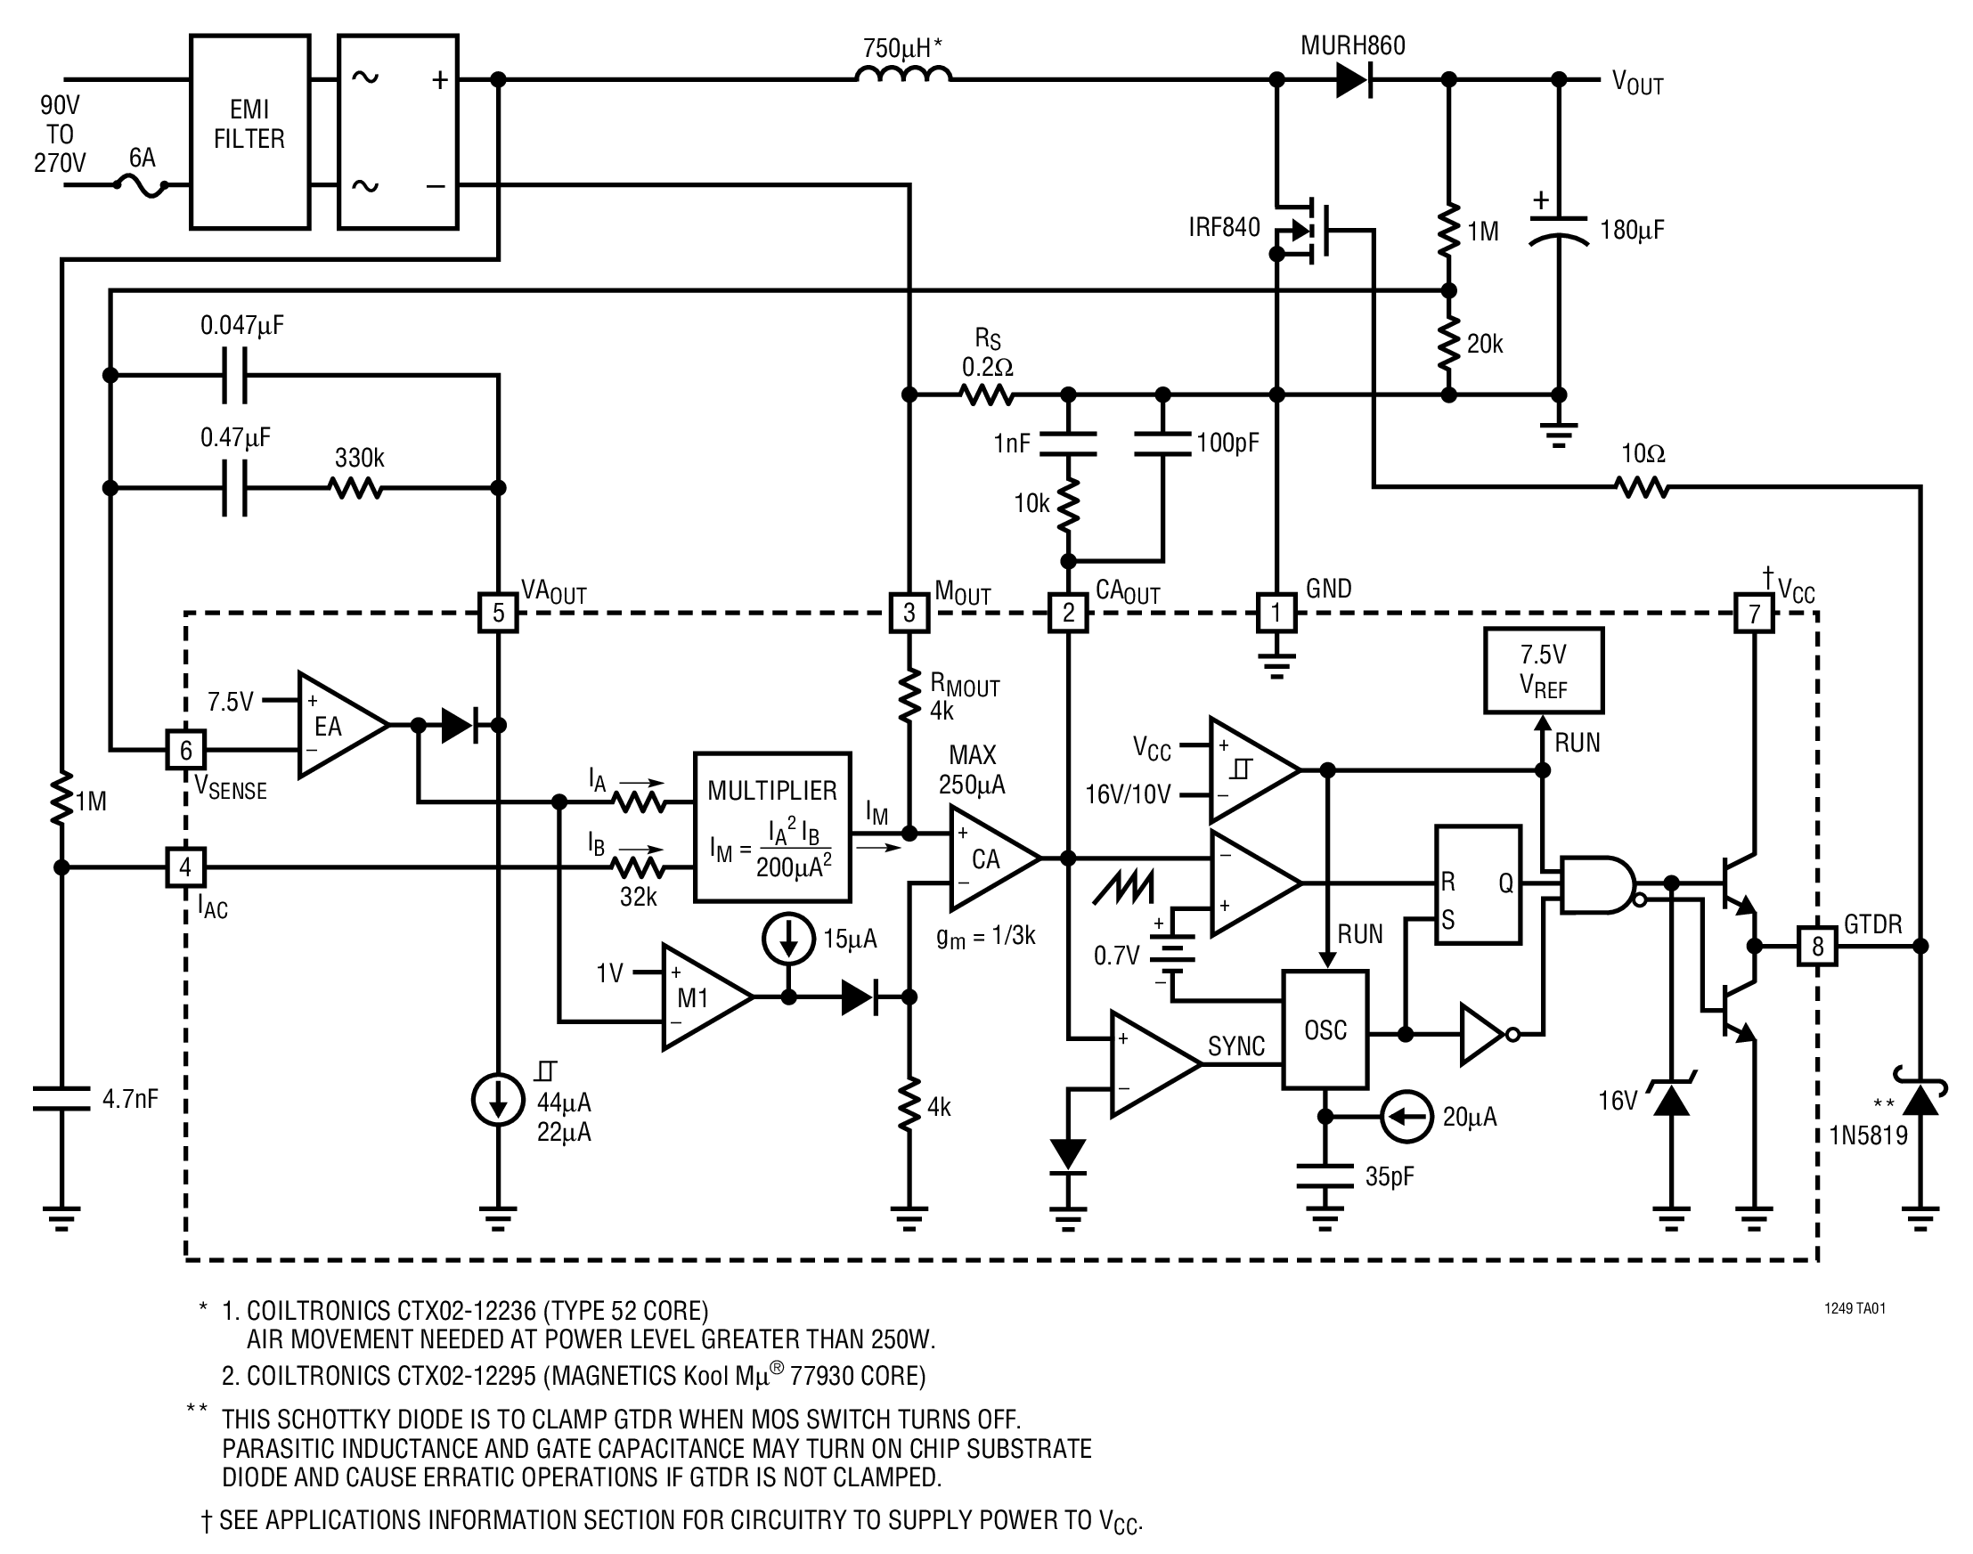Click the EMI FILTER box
point(249,132)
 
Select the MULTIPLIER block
point(772,827)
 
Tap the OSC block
point(1325,1029)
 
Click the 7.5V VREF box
point(1544,671)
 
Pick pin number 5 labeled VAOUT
point(498,613)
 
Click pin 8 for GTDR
point(1817,947)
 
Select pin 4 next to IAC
point(185,867)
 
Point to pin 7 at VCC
point(1755,614)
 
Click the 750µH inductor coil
point(904,74)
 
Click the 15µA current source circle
point(789,937)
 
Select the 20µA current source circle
point(1406,1116)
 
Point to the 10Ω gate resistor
point(1643,488)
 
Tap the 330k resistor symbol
point(356,489)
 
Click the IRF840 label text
point(1224,227)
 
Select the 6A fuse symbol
point(141,185)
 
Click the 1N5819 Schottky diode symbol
point(1920,1094)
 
